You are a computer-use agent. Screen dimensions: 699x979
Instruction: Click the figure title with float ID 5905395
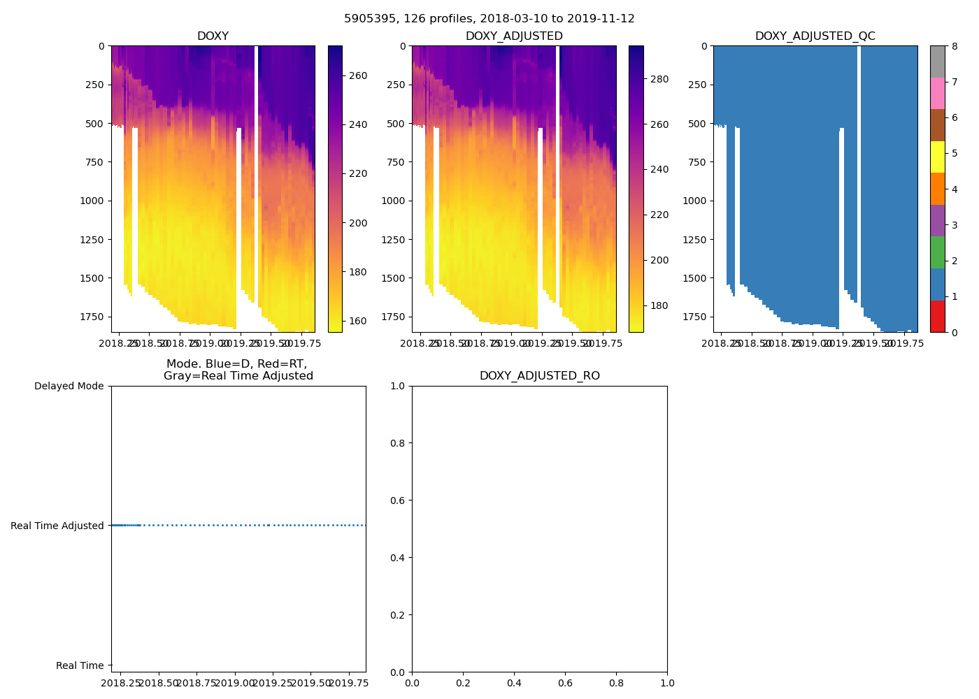coord(489,19)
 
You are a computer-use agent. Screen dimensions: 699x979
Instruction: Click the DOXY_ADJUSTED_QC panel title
coord(815,36)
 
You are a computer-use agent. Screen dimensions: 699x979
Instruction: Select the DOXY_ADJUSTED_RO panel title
coord(539,376)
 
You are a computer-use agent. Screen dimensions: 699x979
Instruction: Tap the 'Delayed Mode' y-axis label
coord(69,387)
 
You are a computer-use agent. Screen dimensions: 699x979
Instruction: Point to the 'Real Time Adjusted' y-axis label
coord(57,526)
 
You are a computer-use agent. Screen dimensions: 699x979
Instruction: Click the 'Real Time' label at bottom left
coord(80,665)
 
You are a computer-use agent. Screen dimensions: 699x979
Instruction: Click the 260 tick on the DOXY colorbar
coord(358,75)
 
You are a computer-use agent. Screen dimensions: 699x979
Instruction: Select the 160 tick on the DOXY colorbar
coord(358,322)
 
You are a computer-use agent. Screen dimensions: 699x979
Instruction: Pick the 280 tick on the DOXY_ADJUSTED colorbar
coord(659,79)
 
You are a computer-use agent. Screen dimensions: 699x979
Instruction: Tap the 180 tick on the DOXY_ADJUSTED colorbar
coord(659,305)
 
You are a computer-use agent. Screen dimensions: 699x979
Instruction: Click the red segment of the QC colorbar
coord(937,316)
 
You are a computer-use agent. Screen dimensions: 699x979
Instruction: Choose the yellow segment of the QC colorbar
coord(937,157)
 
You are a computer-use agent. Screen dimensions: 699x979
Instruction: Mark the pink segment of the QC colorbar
coord(937,93)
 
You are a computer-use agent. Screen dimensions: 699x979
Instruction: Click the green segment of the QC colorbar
coord(937,252)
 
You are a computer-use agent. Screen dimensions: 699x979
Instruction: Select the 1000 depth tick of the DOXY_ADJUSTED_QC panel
coord(694,201)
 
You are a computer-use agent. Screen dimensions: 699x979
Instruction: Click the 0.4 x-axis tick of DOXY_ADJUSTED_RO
coord(514,683)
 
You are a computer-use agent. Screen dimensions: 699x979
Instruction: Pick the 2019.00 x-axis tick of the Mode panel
coord(235,683)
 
